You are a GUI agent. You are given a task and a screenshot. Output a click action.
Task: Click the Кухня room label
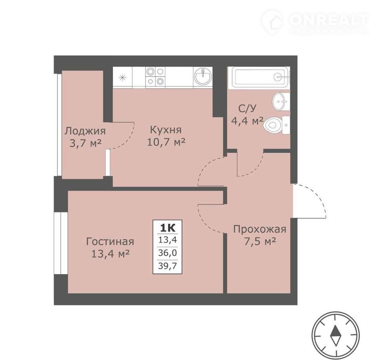point(166,130)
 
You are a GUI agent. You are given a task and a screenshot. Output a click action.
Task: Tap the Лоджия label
point(85,131)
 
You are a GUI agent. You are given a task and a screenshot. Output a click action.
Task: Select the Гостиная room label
point(110,242)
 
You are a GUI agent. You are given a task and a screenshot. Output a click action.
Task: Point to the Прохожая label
point(260,229)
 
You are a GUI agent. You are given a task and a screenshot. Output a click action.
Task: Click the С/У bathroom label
point(247,109)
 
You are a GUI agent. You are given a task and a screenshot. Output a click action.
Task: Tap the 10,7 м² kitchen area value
point(166,142)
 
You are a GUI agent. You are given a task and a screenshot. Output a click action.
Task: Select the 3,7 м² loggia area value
point(85,144)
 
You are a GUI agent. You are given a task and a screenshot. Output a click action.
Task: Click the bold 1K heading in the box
point(167,228)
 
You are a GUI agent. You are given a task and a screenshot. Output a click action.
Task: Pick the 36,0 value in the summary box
point(167,253)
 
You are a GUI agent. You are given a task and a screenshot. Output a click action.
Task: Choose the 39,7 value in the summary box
point(167,266)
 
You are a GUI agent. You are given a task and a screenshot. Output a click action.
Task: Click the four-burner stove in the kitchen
point(155,76)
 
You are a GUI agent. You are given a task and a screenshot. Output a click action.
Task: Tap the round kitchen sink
point(203,76)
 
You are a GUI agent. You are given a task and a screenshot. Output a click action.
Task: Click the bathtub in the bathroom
point(260,77)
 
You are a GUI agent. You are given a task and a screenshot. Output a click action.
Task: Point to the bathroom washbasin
point(281,102)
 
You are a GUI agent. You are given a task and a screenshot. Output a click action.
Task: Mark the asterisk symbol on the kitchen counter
point(123,78)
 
